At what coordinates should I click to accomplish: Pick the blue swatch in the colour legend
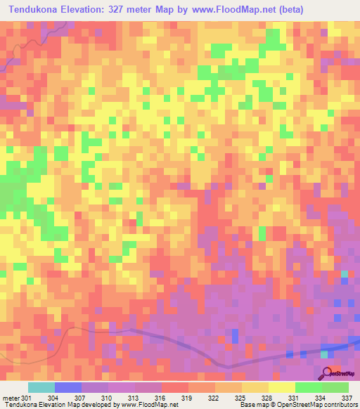click(x=67, y=387)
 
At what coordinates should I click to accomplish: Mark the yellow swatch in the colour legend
click(x=281, y=387)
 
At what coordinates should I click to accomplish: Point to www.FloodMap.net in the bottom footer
click(x=149, y=404)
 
